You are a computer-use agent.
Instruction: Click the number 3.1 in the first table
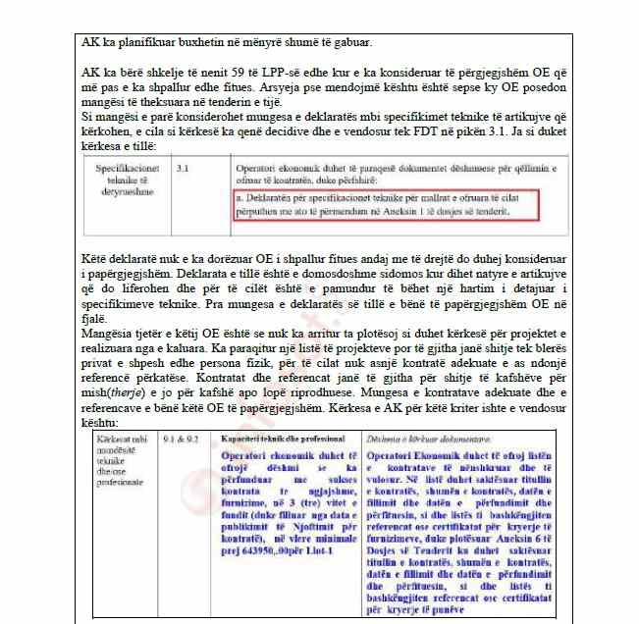183,170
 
